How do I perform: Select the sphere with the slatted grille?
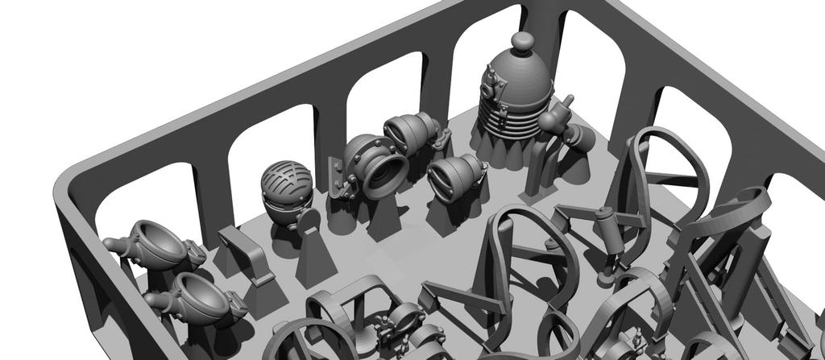287,187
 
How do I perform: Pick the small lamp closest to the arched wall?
412,130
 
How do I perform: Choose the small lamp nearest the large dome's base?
456,176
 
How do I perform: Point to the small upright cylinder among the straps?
607,230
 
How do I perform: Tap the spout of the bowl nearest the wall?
112,243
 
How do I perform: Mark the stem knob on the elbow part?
568,101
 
